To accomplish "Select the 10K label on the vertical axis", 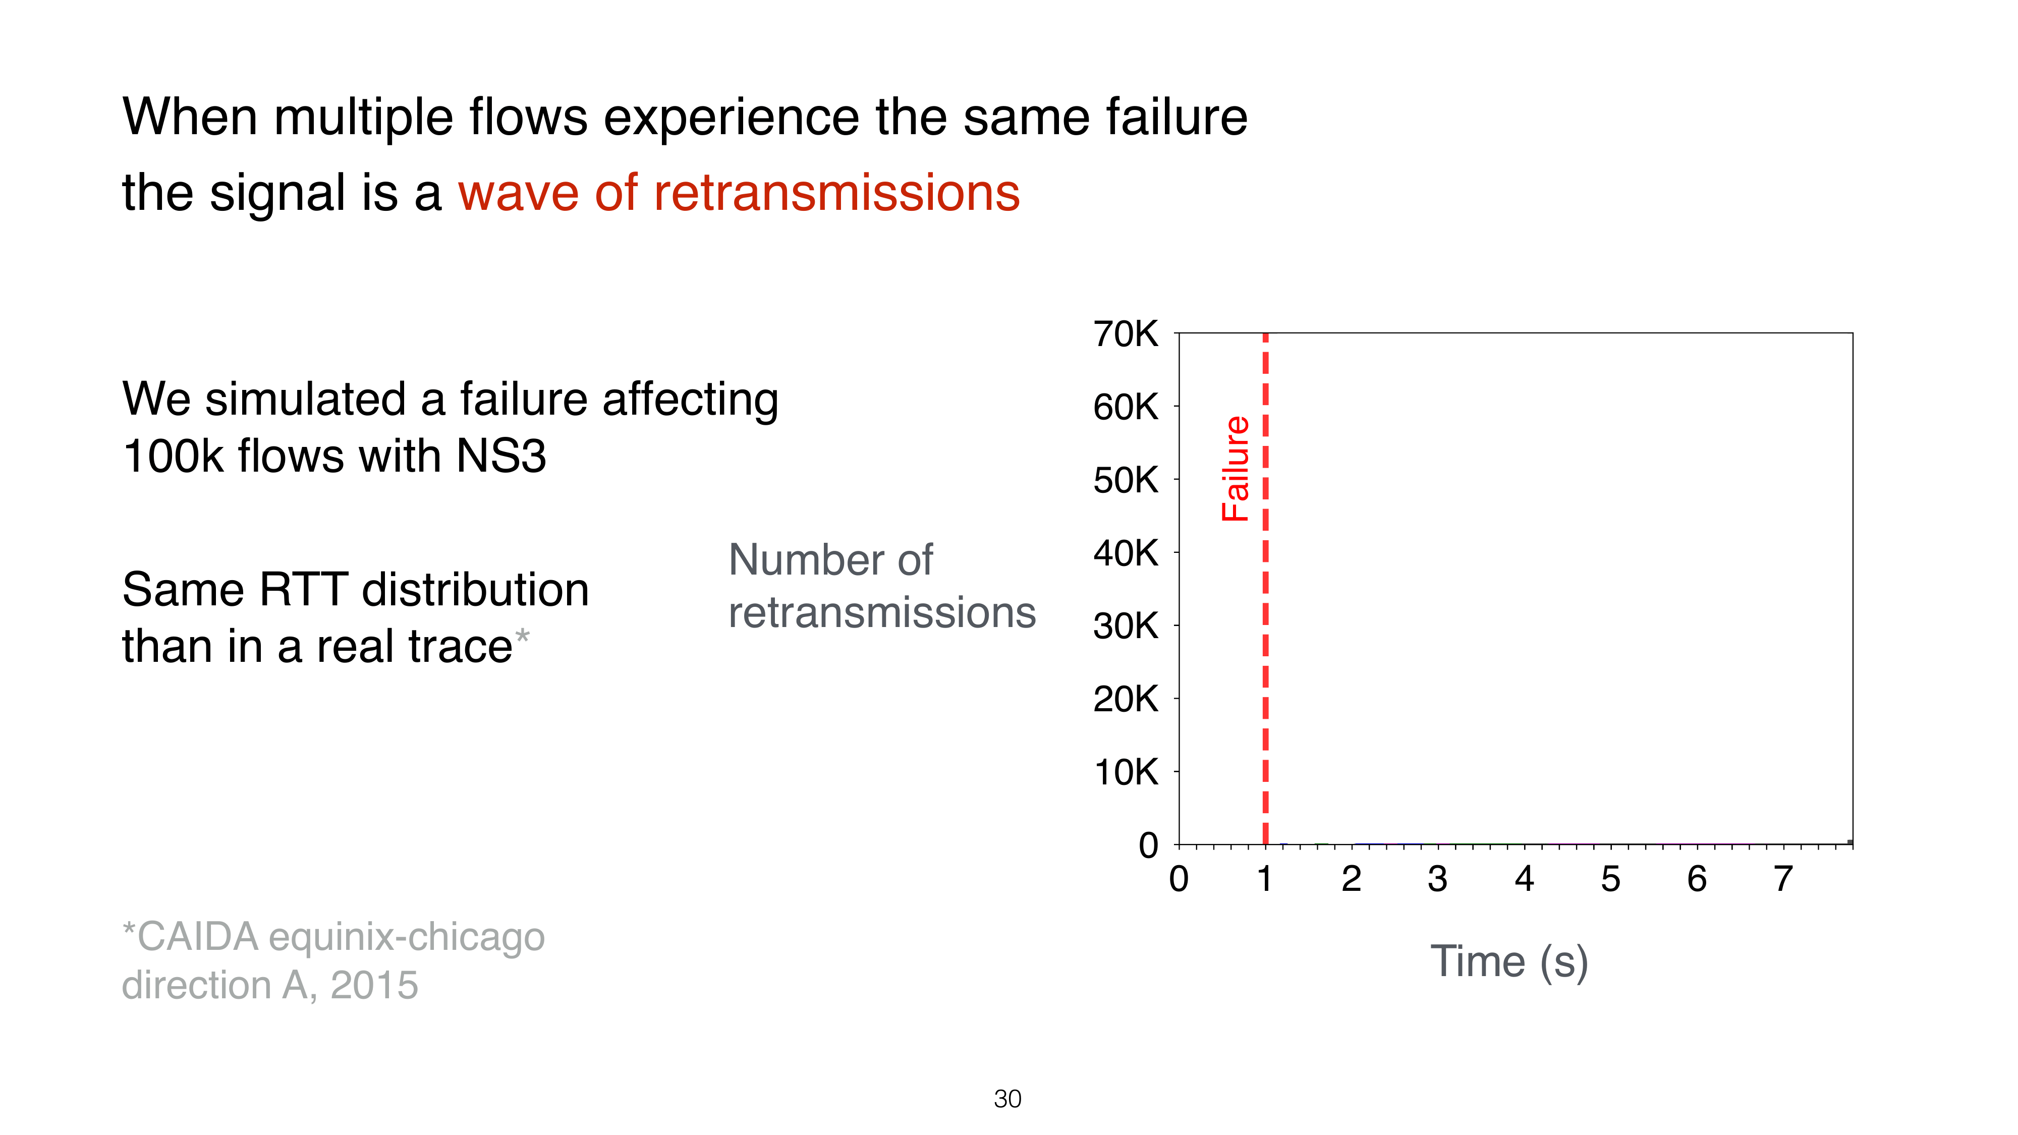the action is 1126,772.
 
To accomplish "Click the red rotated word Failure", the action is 1236,469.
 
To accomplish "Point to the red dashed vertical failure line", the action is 1265,589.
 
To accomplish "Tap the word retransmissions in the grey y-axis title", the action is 882,612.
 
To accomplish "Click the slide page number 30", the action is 1007,1099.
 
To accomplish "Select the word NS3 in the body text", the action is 501,456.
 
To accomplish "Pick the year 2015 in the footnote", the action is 374,985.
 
